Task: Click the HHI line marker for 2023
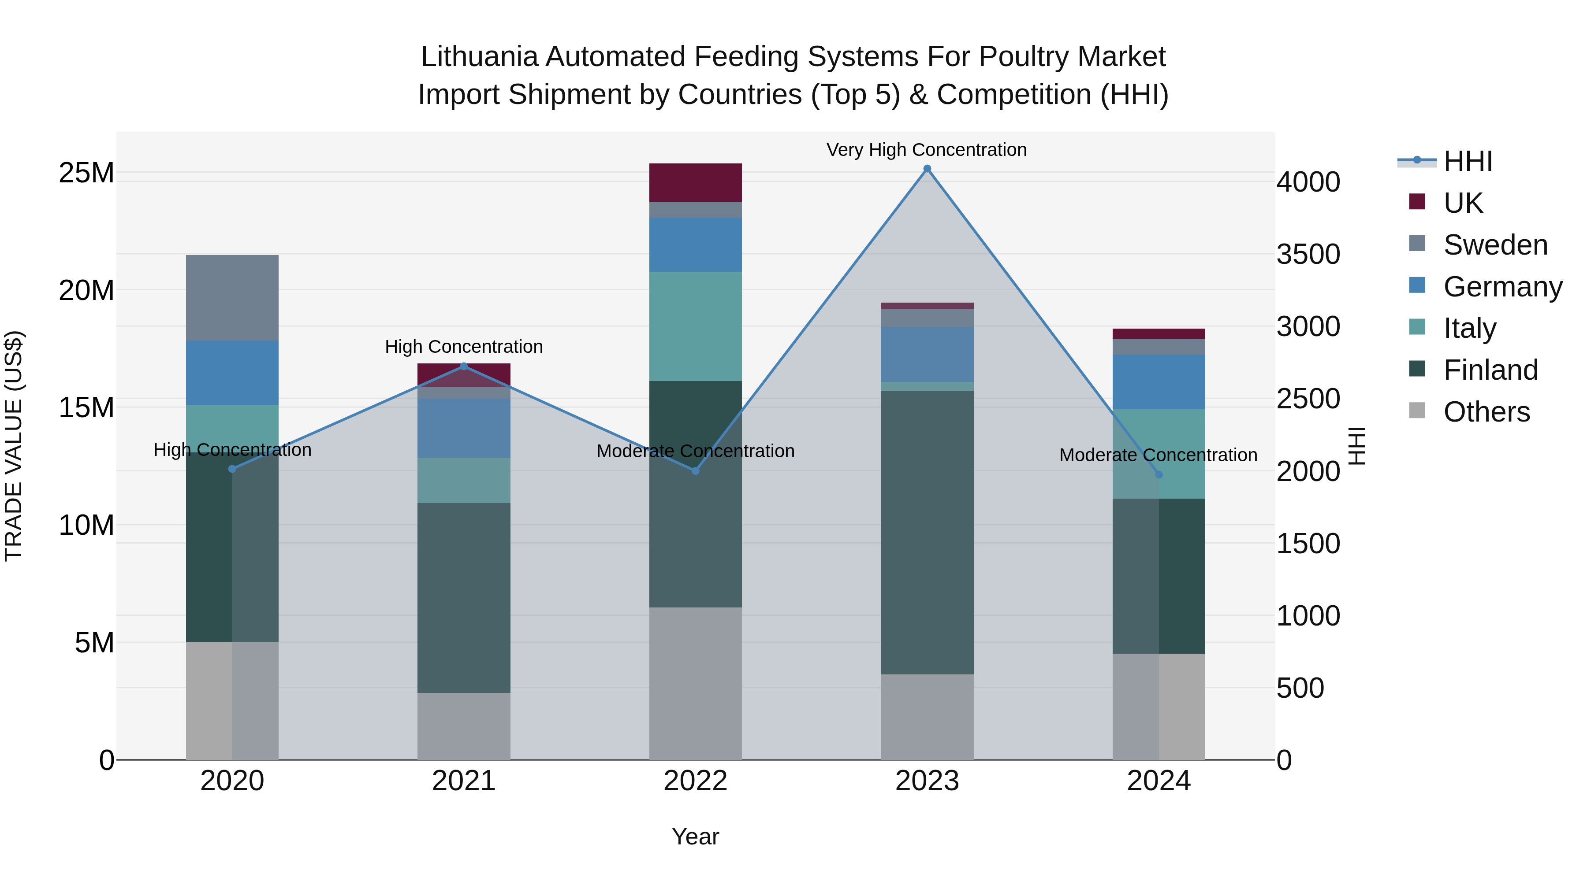point(927,169)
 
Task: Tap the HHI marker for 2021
point(464,366)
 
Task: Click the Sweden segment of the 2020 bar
point(232,297)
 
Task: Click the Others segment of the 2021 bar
point(464,726)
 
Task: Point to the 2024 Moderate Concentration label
point(1158,455)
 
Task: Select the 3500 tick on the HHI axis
point(1308,254)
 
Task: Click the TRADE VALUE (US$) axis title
point(14,446)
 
